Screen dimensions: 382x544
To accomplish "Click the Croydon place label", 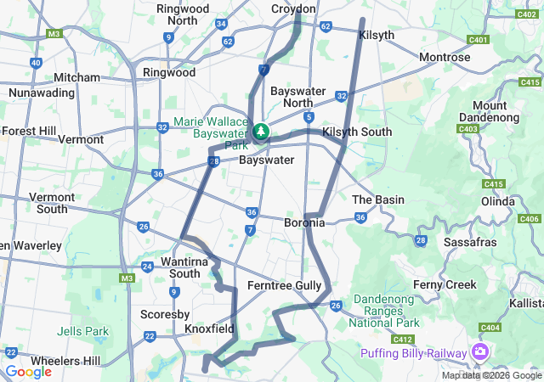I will click(x=293, y=8).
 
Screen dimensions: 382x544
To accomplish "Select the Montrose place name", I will click(x=445, y=57).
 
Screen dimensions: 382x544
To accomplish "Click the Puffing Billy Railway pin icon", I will click(x=482, y=352).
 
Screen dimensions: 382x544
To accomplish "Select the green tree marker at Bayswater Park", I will click(x=261, y=132).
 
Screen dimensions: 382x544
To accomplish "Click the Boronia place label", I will click(x=304, y=222).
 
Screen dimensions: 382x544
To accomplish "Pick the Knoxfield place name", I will click(x=210, y=328).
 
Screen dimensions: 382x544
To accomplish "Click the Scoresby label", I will click(x=159, y=314).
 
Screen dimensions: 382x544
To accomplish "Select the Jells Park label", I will click(x=82, y=331).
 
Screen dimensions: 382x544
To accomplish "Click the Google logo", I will click(x=28, y=372).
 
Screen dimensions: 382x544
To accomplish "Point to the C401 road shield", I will click(x=478, y=40).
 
